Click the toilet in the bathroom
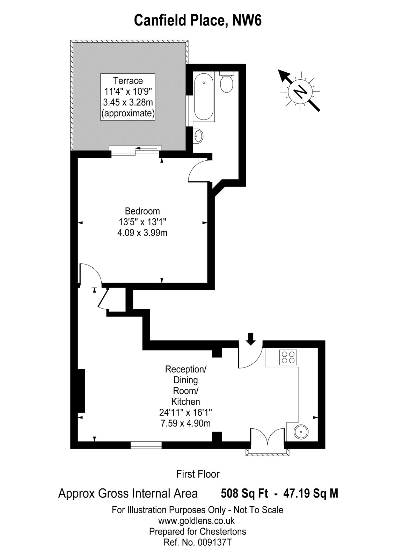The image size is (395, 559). pos(227,82)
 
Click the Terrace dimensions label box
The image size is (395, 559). pos(128,97)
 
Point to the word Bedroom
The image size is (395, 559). pos(142,211)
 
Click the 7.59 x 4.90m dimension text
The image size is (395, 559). pos(185,423)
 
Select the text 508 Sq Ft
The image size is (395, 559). pos(244,493)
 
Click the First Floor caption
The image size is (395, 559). pos(198,474)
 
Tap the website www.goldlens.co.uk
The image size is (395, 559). pos(197,521)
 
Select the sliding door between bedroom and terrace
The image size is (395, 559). pos(136,148)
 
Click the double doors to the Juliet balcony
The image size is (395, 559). pos(268,438)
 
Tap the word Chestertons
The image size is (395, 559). pos(223,532)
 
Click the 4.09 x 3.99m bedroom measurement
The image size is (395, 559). pos(142,232)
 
